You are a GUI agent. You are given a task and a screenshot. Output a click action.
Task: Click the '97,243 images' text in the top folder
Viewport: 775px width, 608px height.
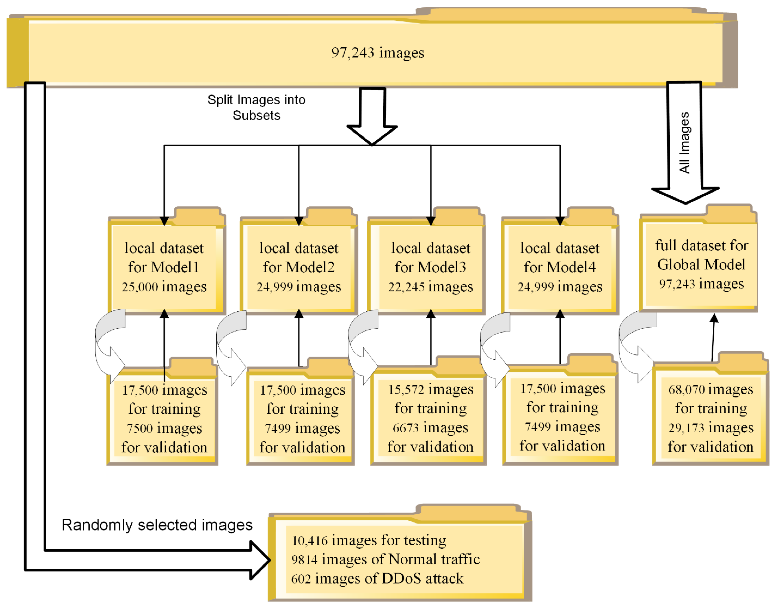point(378,53)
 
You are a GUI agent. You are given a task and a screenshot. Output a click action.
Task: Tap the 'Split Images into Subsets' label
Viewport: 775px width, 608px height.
point(256,108)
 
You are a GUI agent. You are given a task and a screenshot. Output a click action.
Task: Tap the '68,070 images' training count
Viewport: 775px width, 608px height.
point(711,389)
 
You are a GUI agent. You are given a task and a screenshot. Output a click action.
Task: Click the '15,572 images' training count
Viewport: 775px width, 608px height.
point(431,389)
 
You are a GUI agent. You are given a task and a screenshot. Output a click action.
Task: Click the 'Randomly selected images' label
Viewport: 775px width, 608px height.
point(157,525)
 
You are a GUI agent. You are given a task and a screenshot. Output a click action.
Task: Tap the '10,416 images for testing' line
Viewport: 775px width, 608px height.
point(369,540)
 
